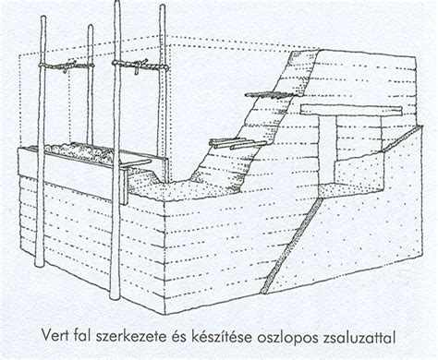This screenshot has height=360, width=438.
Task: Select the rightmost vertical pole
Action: [x=163, y=92]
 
